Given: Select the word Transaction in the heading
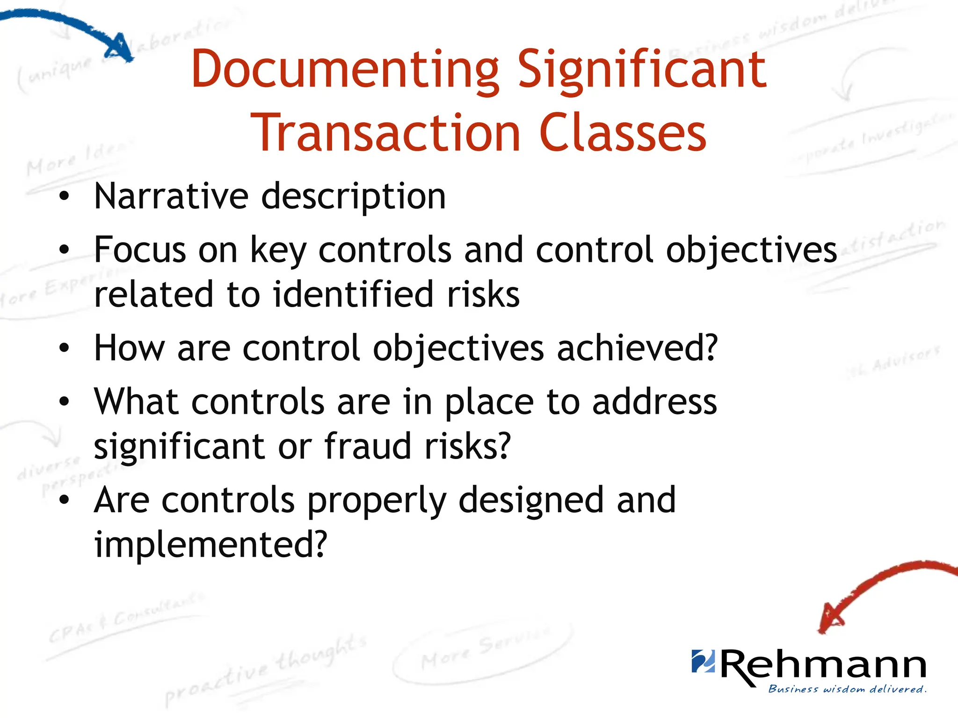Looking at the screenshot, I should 385,134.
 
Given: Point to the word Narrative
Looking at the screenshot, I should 171,196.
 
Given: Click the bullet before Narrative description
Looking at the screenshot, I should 64,197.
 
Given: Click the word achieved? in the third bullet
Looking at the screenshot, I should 637,348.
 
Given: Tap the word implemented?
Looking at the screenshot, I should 210,545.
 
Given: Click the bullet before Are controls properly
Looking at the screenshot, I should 64,500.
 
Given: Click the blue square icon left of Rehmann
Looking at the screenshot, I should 703,661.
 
